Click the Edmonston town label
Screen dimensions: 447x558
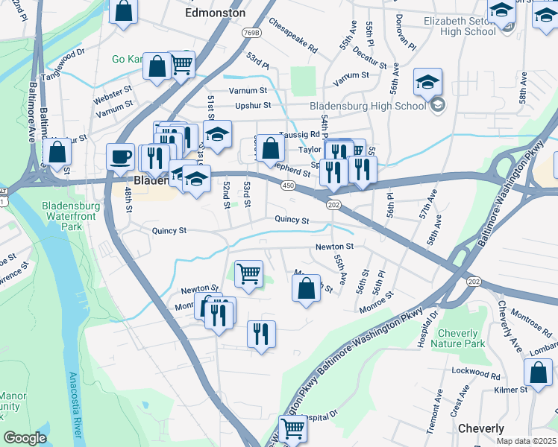(x=215, y=13)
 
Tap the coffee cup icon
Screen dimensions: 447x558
(x=120, y=157)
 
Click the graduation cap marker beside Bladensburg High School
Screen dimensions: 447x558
(x=428, y=82)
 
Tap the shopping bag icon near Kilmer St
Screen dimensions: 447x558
(x=537, y=373)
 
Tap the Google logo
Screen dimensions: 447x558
(x=25, y=438)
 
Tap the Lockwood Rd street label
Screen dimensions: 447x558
(x=473, y=370)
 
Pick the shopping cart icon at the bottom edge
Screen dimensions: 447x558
(x=293, y=430)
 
